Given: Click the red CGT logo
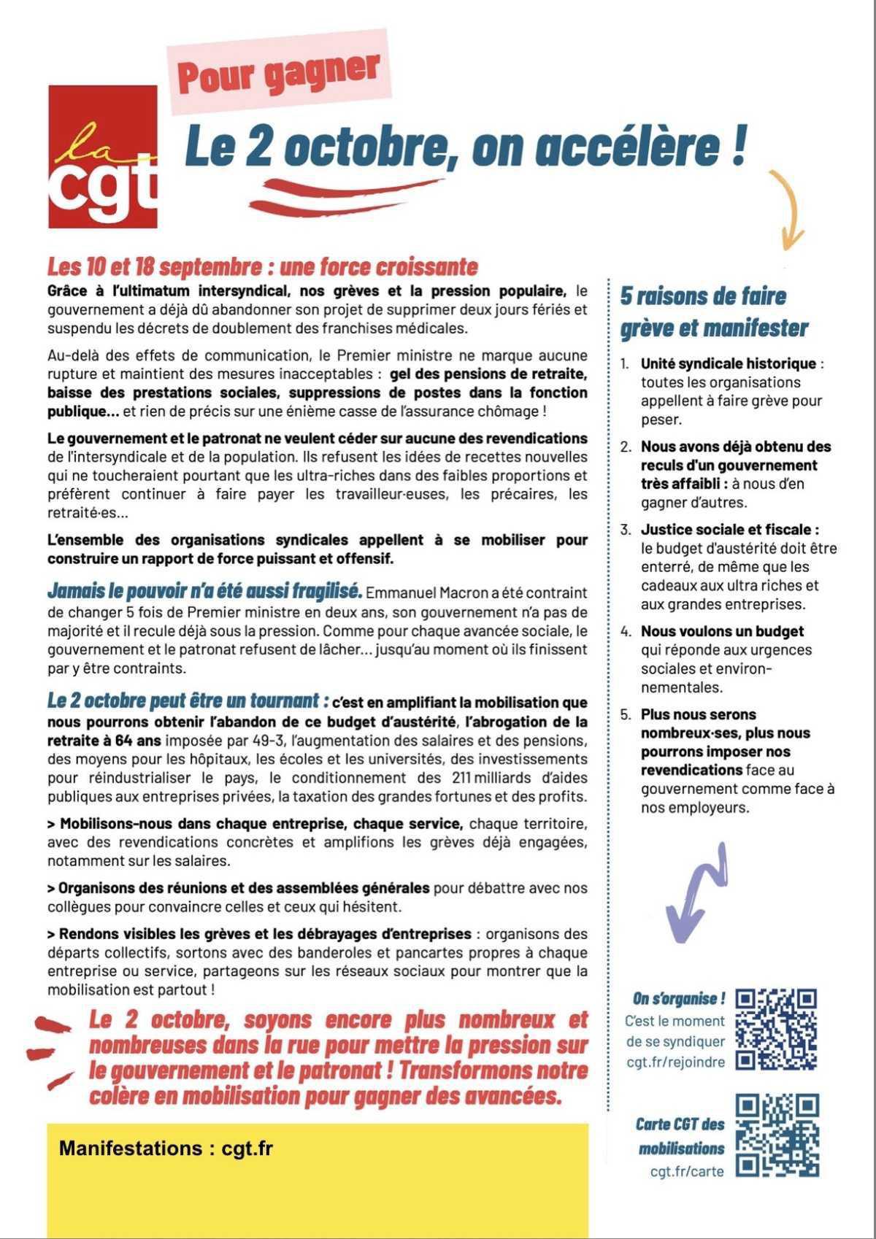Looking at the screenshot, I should point(103,156).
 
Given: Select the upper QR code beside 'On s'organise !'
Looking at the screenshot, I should point(775,1029).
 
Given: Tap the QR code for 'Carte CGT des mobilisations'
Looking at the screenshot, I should point(777,1135).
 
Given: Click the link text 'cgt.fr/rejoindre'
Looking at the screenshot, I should point(675,1062).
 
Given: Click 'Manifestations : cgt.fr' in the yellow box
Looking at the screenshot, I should point(166,1148).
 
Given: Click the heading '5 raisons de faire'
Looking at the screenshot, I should point(703,296).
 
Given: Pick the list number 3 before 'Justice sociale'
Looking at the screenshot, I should point(626,530).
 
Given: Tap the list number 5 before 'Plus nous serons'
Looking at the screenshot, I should point(626,714).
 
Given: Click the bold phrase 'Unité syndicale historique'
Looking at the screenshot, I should point(728,363).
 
